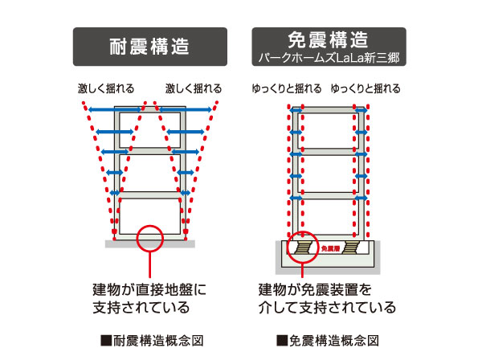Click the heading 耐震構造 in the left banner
(149, 47)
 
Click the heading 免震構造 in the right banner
(329, 39)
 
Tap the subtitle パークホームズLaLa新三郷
(329, 57)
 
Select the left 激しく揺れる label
(106, 88)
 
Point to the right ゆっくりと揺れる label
(366, 88)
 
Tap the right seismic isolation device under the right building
(354, 247)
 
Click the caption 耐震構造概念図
(155, 340)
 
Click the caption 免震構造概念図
(332, 340)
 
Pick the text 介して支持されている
(327, 307)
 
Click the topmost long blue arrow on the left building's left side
(112, 108)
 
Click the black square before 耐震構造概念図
(105, 340)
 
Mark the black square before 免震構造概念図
(281, 340)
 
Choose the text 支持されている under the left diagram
(141, 307)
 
